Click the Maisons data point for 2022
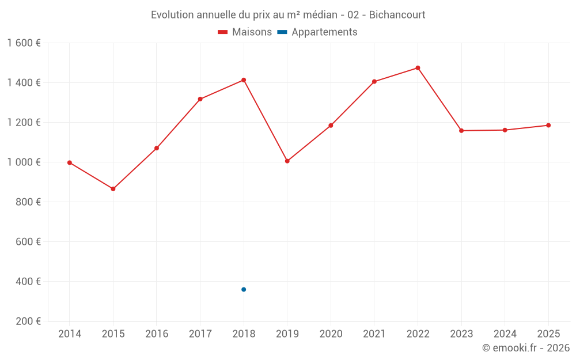click(x=418, y=68)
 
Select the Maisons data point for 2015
click(x=113, y=189)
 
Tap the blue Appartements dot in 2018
click(x=244, y=289)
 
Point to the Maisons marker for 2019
click(x=287, y=161)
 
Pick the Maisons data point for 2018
click(x=244, y=80)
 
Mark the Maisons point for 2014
click(x=70, y=162)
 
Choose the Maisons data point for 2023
click(x=461, y=131)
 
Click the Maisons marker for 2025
click(x=548, y=125)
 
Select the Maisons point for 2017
click(x=200, y=99)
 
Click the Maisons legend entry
click(x=245, y=32)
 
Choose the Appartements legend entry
click(x=318, y=32)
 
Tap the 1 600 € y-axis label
click(x=24, y=43)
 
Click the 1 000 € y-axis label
click(x=24, y=162)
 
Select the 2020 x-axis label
click(x=331, y=334)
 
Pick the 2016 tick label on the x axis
click(x=157, y=334)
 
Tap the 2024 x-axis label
click(x=505, y=334)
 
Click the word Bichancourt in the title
click(x=397, y=15)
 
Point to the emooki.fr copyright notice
click(x=525, y=348)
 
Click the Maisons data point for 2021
click(x=374, y=82)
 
